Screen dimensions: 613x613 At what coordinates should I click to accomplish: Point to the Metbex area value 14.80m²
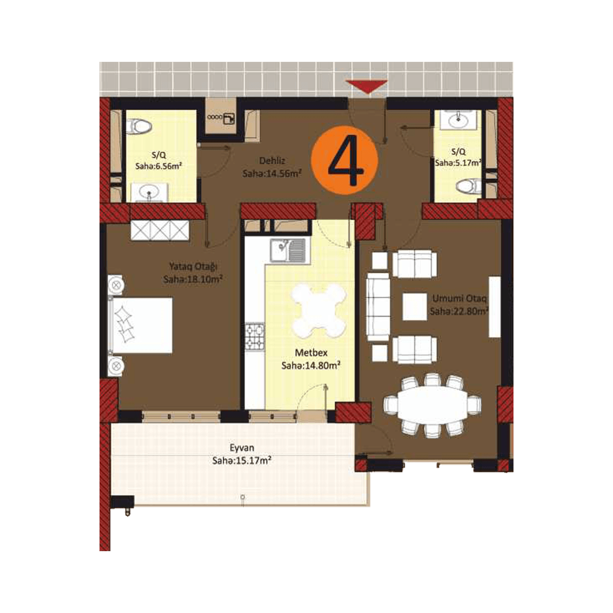point(311,366)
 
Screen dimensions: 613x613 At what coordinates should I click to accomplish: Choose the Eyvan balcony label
point(242,448)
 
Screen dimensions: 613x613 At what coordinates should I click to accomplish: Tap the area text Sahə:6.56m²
point(159,166)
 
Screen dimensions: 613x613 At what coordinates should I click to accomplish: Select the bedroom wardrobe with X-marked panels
point(160,230)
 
